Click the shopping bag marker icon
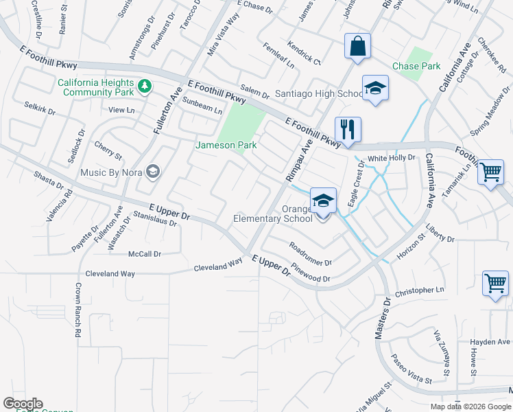(x=357, y=47)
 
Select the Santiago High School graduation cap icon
(x=375, y=88)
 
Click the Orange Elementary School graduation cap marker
(x=323, y=201)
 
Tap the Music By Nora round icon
(x=153, y=172)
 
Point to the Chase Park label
(x=416, y=67)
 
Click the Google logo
(x=23, y=404)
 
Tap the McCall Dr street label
(x=145, y=254)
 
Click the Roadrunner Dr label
(x=311, y=254)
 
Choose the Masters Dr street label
(x=382, y=318)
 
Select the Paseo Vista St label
(x=410, y=370)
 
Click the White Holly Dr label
(x=392, y=158)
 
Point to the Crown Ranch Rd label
(x=78, y=309)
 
